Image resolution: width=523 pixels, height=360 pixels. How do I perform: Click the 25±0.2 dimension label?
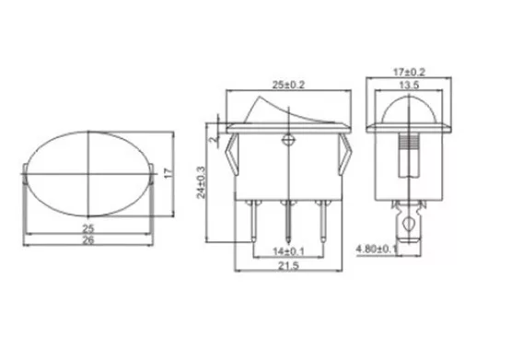pos(288,85)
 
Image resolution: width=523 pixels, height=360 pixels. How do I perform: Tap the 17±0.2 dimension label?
pos(409,72)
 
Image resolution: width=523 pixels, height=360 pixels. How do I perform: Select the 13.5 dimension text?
pos(409,85)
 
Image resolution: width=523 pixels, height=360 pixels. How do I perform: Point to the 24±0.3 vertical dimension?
pos(202,182)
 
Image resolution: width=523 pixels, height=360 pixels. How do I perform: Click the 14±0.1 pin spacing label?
pos(288,251)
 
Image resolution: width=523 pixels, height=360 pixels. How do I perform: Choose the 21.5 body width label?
pos(288,266)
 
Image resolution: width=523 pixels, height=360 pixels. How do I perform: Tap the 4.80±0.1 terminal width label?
pos(377,249)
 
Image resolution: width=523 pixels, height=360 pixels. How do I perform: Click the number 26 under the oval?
pos(88,240)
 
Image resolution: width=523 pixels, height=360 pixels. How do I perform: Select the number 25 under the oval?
pos(88,229)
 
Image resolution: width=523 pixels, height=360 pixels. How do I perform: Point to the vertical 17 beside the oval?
pos(169,173)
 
